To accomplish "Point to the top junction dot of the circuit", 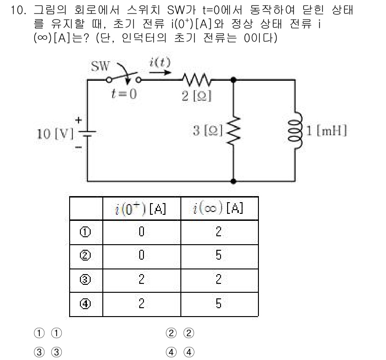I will pyautogui.click(x=233, y=80).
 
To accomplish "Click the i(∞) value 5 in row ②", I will pyautogui.click(x=219, y=256).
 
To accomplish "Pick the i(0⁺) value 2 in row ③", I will pyautogui.click(x=141, y=279).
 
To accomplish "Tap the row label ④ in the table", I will pyautogui.click(x=86, y=303).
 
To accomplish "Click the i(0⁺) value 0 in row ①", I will pyautogui.click(x=141, y=232).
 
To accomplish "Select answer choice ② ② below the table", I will pyautogui.click(x=180, y=334).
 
